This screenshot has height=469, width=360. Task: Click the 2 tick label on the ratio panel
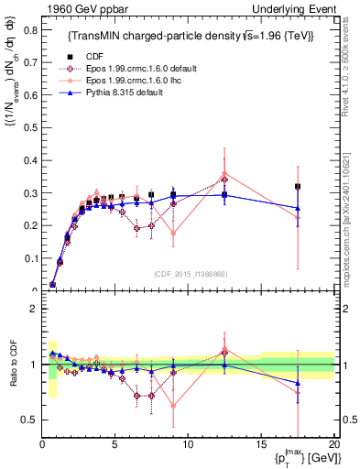tap(34, 310)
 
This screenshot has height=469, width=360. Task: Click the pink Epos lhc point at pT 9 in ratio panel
tap(173, 406)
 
